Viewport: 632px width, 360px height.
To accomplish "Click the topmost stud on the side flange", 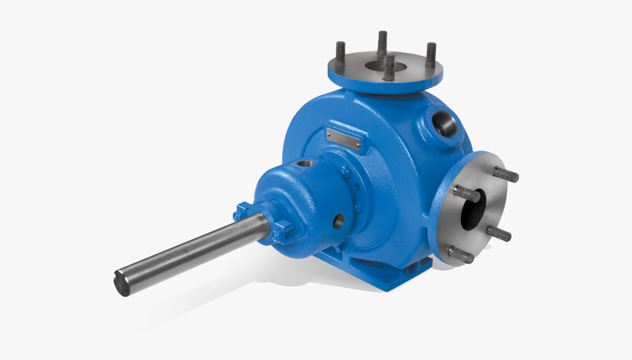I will click(506, 174).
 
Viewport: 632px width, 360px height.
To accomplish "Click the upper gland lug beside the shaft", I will click(242, 212).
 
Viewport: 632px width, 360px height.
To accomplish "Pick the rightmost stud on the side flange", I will click(499, 234).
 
